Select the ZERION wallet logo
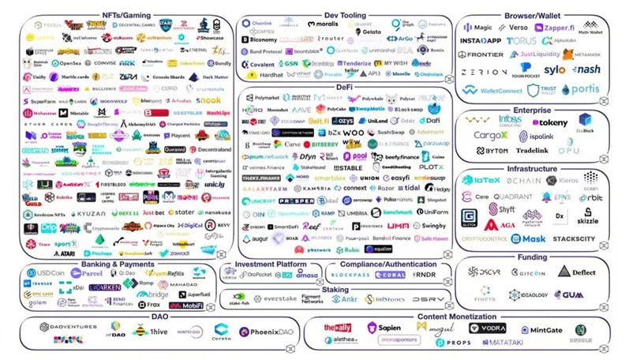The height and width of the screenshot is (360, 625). [484, 71]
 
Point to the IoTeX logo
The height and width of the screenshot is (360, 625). [481, 181]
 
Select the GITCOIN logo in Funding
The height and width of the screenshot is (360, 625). [527, 272]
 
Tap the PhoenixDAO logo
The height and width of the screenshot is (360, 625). [265, 332]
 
